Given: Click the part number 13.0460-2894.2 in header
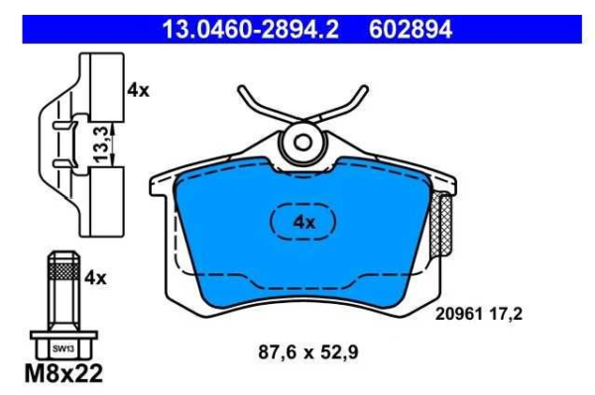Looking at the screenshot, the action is (x=251, y=29).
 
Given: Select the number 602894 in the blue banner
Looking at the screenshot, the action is (x=411, y=29).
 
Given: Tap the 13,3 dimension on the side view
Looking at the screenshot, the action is (x=101, y=145).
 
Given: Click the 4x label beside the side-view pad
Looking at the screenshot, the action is (x=138, y=90).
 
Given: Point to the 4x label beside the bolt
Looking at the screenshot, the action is (x=95, y=278).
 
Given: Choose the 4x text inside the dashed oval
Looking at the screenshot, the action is (x=304, y=223).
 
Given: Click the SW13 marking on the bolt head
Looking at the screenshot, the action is (x=63, y=348).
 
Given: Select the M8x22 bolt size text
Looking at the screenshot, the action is (x=63, y=373).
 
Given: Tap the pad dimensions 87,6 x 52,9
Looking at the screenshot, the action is (x=308, y=352).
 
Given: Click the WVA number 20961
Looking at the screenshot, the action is (x=458, y=314).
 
